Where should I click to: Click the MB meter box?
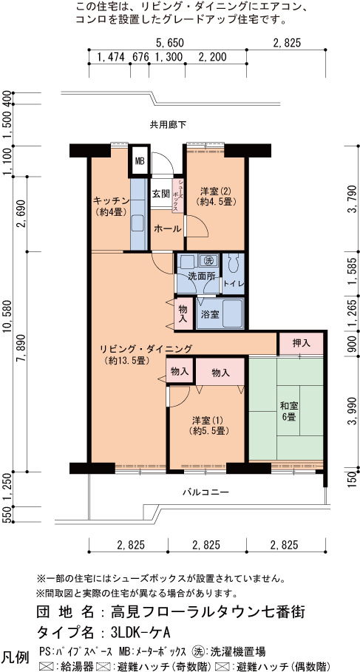(140, 161)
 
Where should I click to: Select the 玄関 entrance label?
(160, 193)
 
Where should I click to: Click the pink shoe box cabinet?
(179, 195)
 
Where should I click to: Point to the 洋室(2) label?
(211, 195)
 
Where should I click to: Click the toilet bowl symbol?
(234, 264)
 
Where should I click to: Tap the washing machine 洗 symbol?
(208, 259)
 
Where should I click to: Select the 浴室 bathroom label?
(211, 314)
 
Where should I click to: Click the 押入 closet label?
(302, 343)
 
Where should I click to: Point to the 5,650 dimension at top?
(169, 43)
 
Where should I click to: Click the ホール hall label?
(168, 229)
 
